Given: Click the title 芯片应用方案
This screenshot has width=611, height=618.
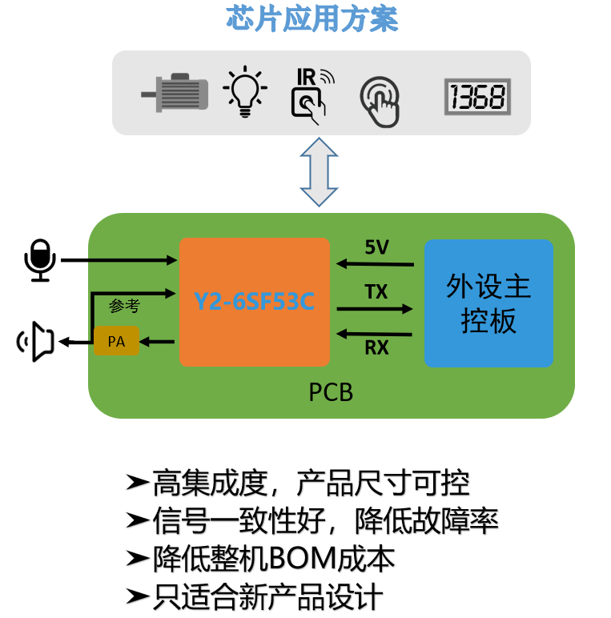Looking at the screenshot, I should click(312, 18).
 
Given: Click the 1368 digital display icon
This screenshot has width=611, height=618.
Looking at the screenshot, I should click(477, 98).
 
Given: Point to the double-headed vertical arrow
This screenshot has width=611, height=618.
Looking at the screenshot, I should click(319, 172).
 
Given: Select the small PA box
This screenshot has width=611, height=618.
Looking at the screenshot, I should click(116, 342).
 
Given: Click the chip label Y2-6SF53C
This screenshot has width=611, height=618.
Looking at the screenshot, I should click(254, 302).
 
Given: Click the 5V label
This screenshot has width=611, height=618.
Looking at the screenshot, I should click(376, 247).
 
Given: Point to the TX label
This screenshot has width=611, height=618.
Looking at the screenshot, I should click(376, 291).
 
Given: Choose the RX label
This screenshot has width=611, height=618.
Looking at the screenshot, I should click(376, 348).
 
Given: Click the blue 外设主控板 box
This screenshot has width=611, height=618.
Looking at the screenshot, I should click(488, 303).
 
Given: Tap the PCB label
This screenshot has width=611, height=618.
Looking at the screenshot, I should click(331, 393).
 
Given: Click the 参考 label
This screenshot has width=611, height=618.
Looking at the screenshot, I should click(124, 306).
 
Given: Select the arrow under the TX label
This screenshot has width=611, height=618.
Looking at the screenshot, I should click(375, 308).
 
